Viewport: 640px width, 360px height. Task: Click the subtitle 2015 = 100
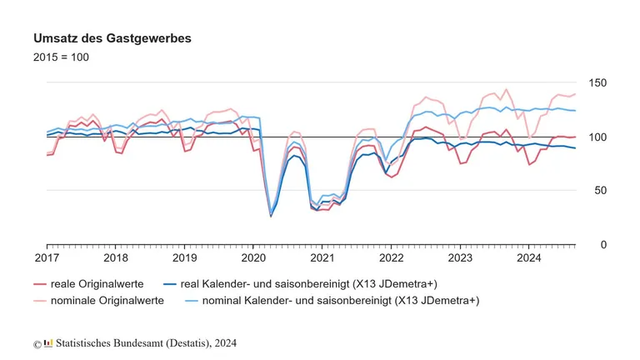(x=61, y=57)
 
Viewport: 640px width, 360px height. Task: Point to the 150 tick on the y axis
(x=598, y=83)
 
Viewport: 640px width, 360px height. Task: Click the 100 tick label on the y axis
(x=598, y=137)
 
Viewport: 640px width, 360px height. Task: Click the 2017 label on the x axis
(x=46, y=258)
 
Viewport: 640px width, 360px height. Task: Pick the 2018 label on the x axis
(x=115, y=258)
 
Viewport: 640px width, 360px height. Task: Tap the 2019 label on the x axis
(x=184, y=258)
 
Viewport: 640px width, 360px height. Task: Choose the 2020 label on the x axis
(x=253, y=258)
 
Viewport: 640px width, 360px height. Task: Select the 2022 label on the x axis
(x=391, y=258)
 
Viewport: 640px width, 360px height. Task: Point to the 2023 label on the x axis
(x=460, y=258)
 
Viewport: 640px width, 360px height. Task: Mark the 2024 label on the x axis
(x=529, y=258)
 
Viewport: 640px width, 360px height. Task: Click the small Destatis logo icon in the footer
(x=48, y=342)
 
